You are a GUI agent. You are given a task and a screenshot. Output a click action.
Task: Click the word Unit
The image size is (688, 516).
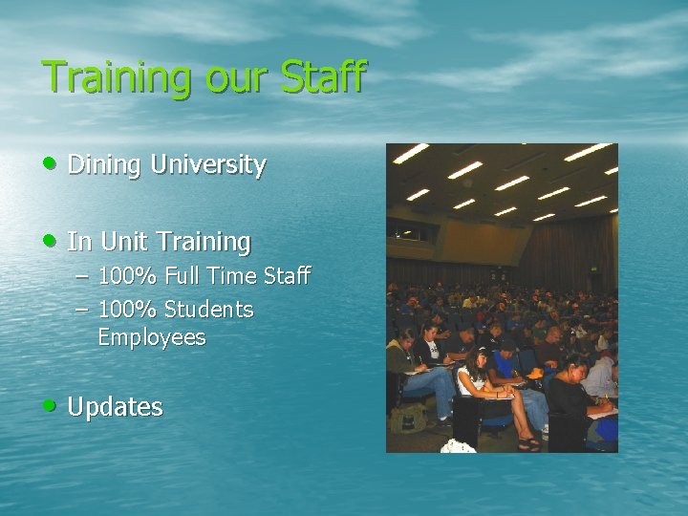pyautogui.click(x=123, y=242)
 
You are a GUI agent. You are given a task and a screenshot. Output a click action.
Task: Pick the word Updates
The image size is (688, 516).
pyautogui.click(x=116, y=407)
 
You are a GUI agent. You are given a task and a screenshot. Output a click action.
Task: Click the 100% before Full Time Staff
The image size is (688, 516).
pyautogui.click(x=129, y=277)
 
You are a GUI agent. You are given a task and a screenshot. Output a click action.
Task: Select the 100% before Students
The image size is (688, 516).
pyautogui.click(x=129, y=310)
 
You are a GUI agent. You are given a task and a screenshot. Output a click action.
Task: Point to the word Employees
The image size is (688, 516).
pyautogui.click(x=151, y=337)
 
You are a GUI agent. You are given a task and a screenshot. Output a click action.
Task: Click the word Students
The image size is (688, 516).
pyautogui.click(x=208, y=310)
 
